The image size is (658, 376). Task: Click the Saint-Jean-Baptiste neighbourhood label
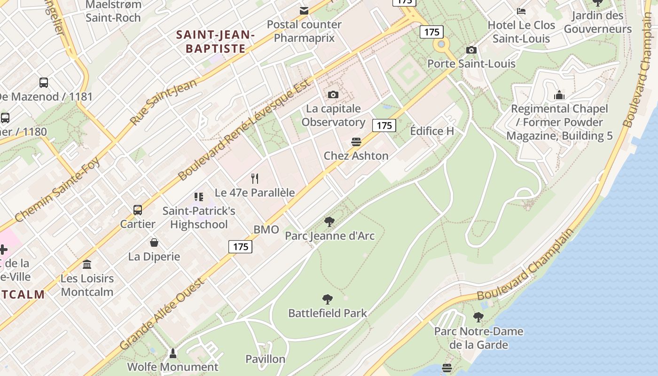(x=216, y=41)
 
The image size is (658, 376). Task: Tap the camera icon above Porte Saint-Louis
(x=471, y=50)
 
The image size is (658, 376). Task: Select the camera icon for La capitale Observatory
(x=333, y=95)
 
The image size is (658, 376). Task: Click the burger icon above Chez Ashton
(x=356, y=142)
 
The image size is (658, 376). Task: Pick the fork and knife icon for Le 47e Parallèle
(x=255, y=179)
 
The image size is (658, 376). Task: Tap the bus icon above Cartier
(x=137, y=210)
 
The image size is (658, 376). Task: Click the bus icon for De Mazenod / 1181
(x=44, y=83)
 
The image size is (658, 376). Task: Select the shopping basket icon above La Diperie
(x=154, y=243)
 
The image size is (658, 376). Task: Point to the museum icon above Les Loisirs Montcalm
(x=87, y=265)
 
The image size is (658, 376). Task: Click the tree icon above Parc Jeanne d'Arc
(x=329, y=221)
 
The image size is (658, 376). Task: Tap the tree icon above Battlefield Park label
(x=328, y=299)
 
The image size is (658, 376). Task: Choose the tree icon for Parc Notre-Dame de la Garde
(x=478, y=317)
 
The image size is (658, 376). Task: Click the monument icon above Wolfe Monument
(x=173, y=353)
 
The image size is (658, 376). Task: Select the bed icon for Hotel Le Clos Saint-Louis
(x=521, y=11)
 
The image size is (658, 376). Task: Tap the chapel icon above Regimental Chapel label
(x=559, y=95)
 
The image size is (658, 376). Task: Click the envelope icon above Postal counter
(x=304, y=10)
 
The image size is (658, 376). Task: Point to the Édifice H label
(x=432, y=131)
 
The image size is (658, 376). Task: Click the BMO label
(x=266, y=230)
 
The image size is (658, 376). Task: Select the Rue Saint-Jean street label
(x=163, y=102)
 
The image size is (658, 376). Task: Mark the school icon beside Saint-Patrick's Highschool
(x=199, y=197)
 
